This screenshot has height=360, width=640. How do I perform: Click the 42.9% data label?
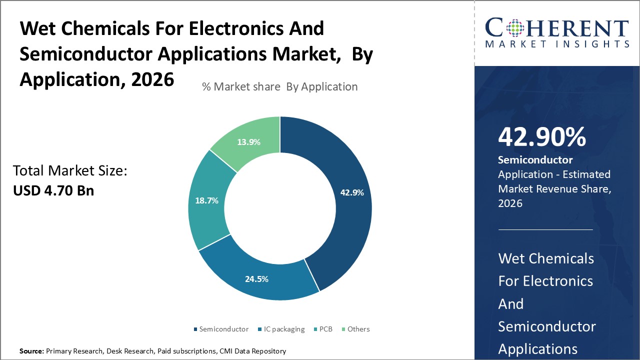coord(352,192)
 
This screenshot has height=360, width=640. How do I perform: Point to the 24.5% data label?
coord(256,279)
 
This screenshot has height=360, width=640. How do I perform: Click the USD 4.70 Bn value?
coord(53,190)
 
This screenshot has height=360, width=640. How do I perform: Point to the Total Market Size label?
coord(70,171)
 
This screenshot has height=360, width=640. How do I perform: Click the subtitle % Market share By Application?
coord(279,86)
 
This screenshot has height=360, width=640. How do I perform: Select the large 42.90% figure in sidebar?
coord(541,137)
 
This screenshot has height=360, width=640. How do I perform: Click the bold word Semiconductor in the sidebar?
coord(535,160)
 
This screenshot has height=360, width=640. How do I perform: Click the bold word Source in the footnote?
coord(31,351)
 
